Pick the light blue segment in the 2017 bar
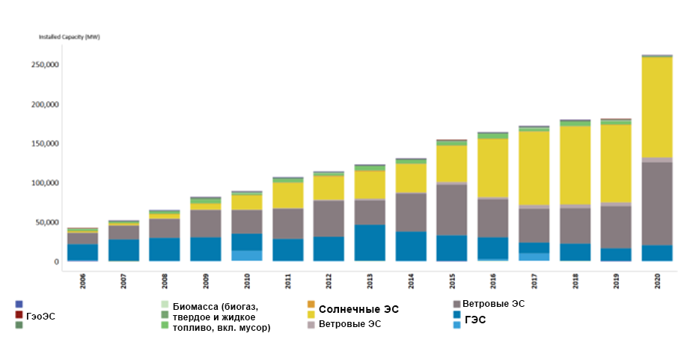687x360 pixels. [x=534, y=257]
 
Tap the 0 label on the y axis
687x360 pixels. [x=57, y=262]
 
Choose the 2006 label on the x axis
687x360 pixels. [x=83, y=280]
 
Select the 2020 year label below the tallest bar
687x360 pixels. [x=658, y=280]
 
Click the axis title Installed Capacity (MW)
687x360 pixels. [x=70, y=36]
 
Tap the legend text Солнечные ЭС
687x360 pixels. [x=358, y=309]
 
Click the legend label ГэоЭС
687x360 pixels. [x=40, y=317]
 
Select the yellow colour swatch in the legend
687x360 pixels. [x=311, y=314]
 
